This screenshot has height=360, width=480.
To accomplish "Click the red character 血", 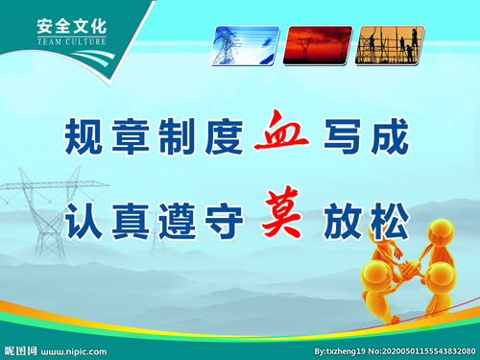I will coord(281,136).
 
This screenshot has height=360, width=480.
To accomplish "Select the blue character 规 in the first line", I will coord(84,137).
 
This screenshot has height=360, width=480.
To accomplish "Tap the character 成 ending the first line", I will coord(389,137).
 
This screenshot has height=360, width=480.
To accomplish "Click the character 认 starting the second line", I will coord(84,221).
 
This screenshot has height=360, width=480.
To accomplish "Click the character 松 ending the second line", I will coord(389,221).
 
